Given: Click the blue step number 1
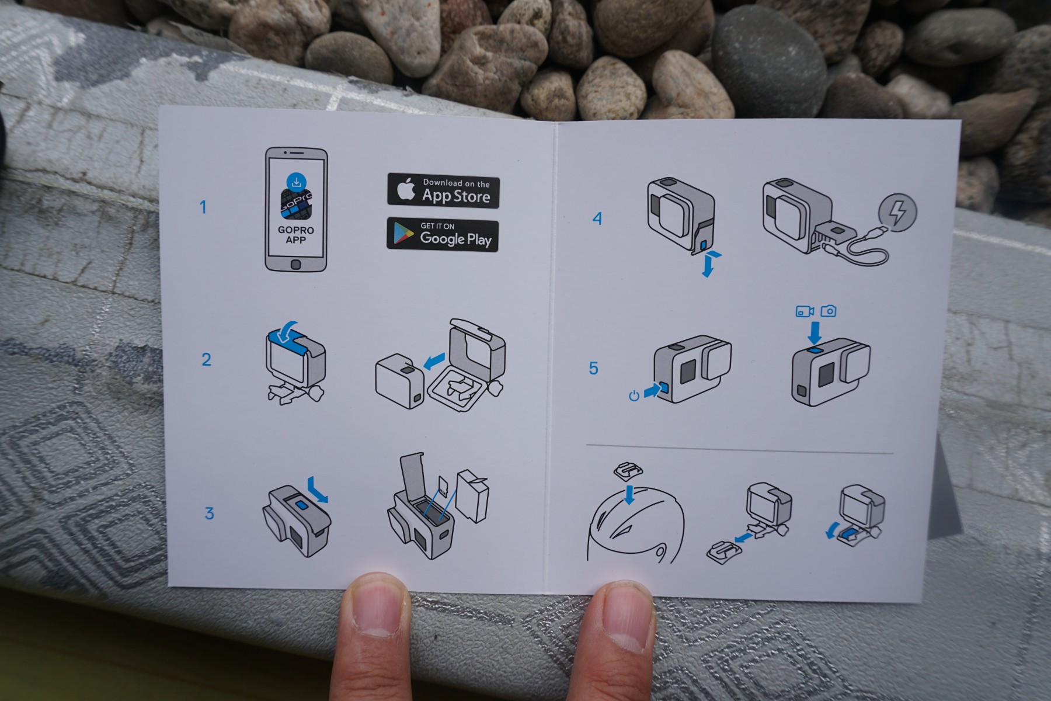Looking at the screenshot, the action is pyautogui.click(x=203, y=207).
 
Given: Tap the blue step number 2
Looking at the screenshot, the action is pyautogui.click(x=206, y=359).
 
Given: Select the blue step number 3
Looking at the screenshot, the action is pyautogui.click(x=209, y=513).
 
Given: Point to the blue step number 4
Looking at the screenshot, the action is pyautogui.click(x=597, y=218).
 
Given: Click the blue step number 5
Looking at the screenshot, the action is pyautogui.click(x=594, y=368).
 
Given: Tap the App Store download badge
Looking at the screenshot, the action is pyautogui.click(x=443, y=191).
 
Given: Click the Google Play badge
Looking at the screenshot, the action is pyautogui.click(x=443, y=235).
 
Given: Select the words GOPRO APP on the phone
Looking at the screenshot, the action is pyautogui.click(x=296, y=235).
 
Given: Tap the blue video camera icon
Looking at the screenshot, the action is pyautogui.click(x=805, y=311).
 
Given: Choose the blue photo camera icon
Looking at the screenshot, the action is pyautogui.click(x=828, y=311).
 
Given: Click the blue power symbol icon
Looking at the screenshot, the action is pyautogui.click(x=634, y=396).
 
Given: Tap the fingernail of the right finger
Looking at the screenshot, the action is pyautogui.click(x=625, y=609).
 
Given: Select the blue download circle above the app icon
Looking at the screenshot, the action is pyautogui.click(x=297, y=181).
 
